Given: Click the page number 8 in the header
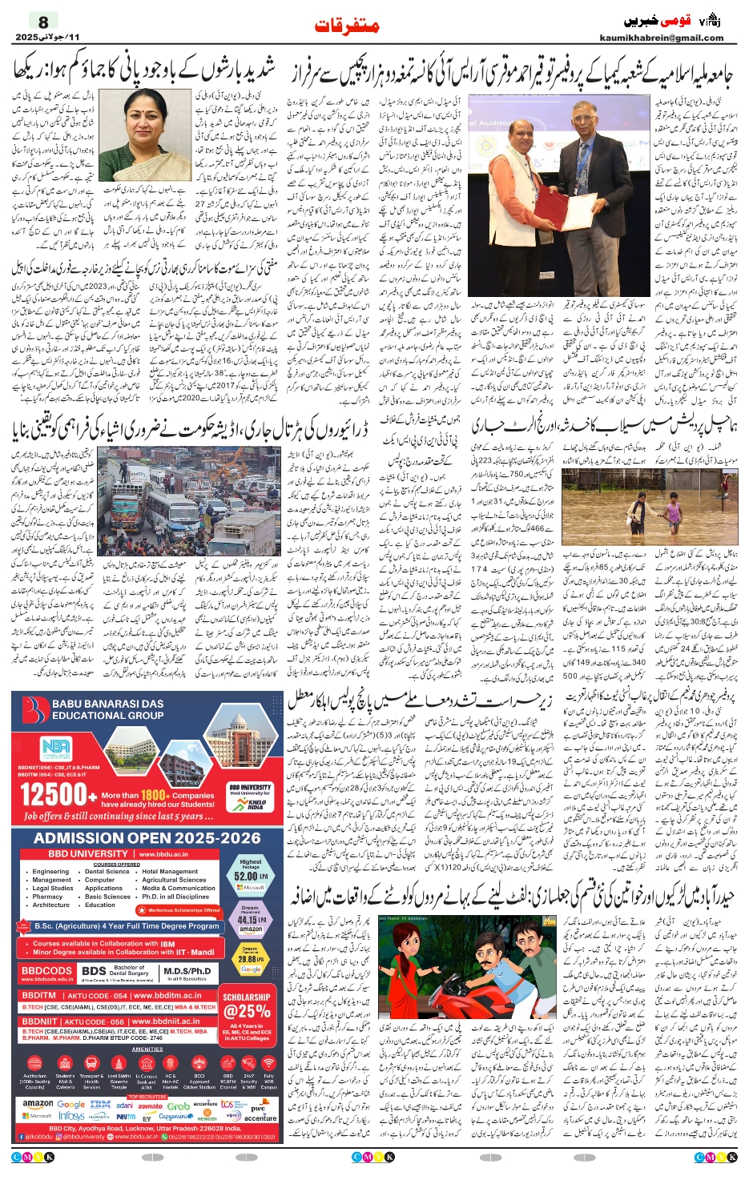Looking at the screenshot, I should (43, 22).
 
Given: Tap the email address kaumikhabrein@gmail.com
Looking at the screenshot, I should (661, 38).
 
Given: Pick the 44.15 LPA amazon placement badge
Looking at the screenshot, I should (251, 920).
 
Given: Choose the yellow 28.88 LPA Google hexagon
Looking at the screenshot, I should (251, 958).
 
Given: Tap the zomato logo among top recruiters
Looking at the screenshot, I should (151, 1106).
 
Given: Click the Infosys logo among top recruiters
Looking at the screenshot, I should (71, 1116).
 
